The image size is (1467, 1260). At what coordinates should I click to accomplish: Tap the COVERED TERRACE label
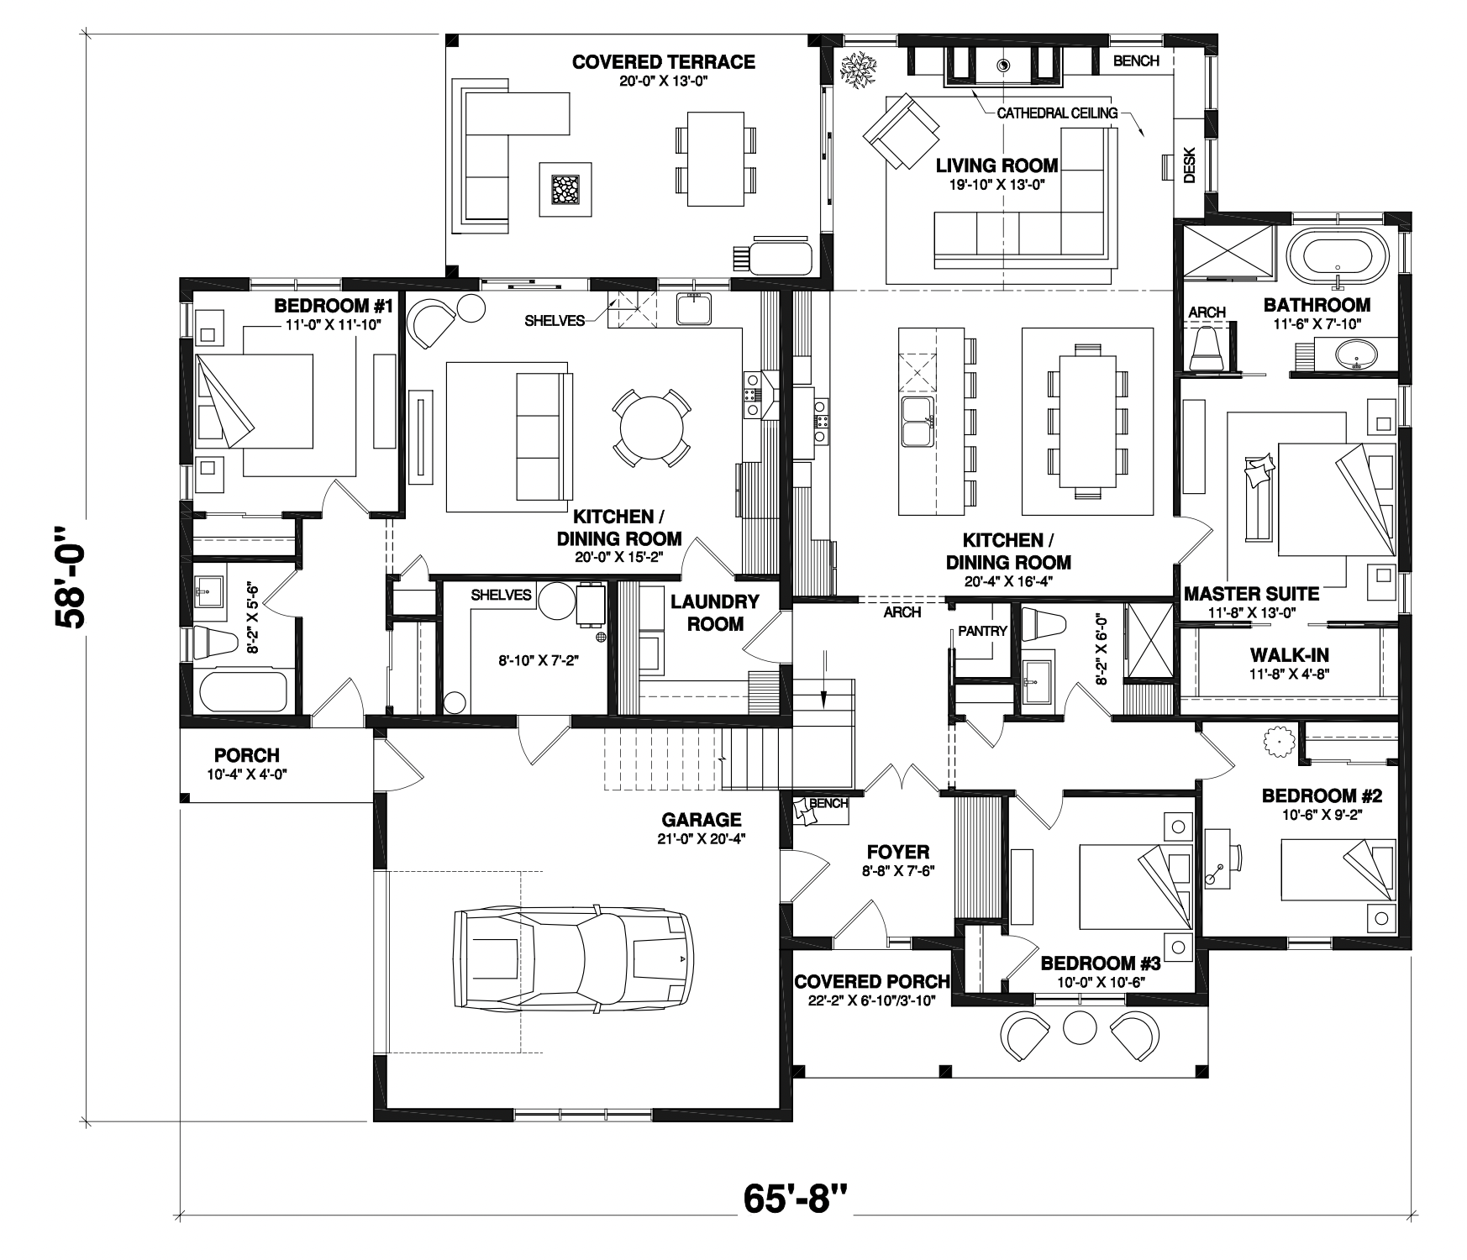coord(663,61)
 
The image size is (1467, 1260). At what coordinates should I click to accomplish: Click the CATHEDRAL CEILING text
coord(1057,113)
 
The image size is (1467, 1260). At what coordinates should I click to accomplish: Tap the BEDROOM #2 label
coord(1322,795)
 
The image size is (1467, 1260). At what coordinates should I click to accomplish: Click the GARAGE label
coord(702,819)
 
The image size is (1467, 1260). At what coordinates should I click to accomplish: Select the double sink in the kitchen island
coord(916,423)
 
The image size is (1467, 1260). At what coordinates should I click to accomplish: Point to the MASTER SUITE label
coord(1251,594)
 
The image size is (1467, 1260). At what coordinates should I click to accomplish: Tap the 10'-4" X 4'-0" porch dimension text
coord(246,774)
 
